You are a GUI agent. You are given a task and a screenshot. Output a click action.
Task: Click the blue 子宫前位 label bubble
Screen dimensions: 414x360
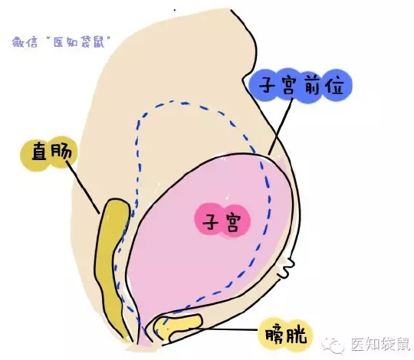(x=301, y=86)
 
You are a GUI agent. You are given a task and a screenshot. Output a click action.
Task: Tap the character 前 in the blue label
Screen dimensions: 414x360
(x=312, y=85)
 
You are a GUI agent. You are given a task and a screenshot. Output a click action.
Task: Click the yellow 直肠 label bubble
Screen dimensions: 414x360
(x=49, y=153)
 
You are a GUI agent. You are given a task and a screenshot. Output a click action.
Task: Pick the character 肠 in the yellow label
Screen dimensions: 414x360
(x=61, y=152)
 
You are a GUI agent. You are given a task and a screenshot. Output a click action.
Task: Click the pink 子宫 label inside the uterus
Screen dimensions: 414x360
(x=222, y=221)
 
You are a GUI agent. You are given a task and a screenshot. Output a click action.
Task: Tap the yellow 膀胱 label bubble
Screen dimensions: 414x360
(x=286, y=335)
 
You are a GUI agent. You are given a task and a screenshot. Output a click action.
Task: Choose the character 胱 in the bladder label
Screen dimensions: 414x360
(x=297, y=335)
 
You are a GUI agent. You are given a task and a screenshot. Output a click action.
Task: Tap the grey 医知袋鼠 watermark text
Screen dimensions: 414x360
(x=380, y=344)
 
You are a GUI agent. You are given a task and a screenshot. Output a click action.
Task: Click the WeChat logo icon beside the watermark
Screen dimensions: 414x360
(x=333, y=345)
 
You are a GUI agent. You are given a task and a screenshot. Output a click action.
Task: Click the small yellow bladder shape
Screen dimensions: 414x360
(x=177, y=326)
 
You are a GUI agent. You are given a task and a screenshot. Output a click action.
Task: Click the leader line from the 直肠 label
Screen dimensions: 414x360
(x=82, y=187)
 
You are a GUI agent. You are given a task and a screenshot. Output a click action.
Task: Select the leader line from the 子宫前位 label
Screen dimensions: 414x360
(x=281, y=126)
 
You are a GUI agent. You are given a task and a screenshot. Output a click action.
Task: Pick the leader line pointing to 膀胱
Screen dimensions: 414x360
(x=223, y=329)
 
